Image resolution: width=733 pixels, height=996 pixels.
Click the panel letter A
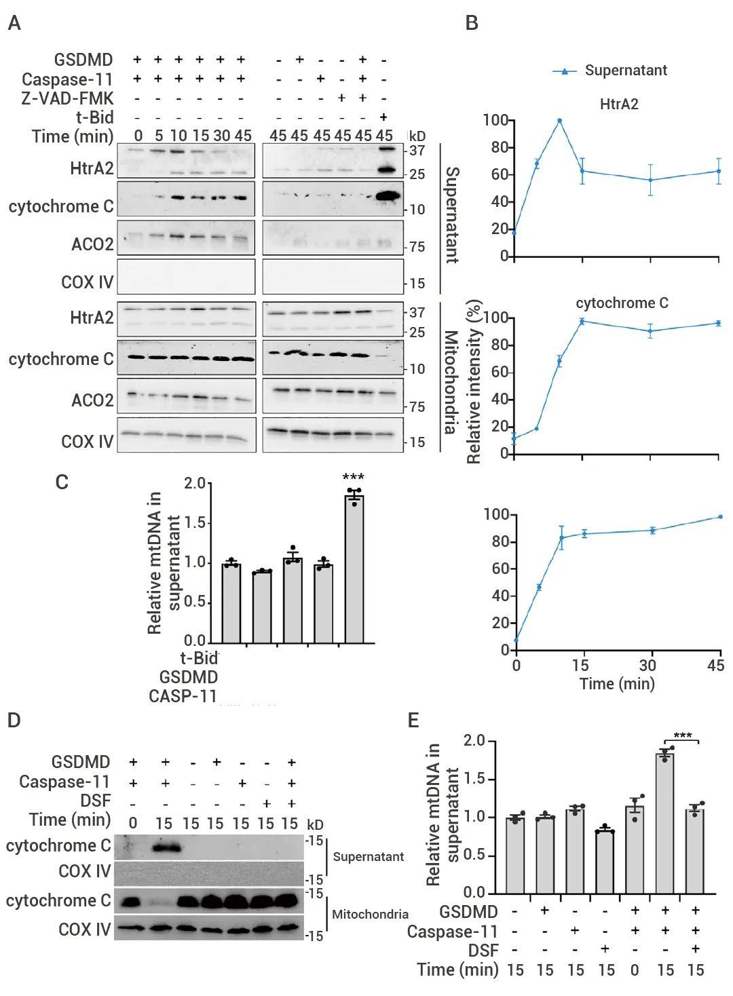click(14, 24)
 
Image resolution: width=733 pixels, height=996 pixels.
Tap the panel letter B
click(472, 24)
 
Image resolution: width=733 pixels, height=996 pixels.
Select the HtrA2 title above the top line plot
click(619, 104)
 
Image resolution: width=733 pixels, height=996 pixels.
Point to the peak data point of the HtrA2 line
click(560, 121)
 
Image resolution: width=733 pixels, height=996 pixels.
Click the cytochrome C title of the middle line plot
click(622, 303)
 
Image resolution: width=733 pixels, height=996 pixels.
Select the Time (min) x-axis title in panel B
click(617, 683)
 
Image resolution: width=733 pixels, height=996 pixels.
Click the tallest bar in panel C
click(354, 570)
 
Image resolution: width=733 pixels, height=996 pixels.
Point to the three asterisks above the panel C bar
click(354, 478)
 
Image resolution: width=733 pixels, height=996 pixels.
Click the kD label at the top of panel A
click(416, 136)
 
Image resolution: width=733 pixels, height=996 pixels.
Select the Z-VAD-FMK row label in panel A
click(67, 98)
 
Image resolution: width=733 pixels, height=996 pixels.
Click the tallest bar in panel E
click(665, 822)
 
